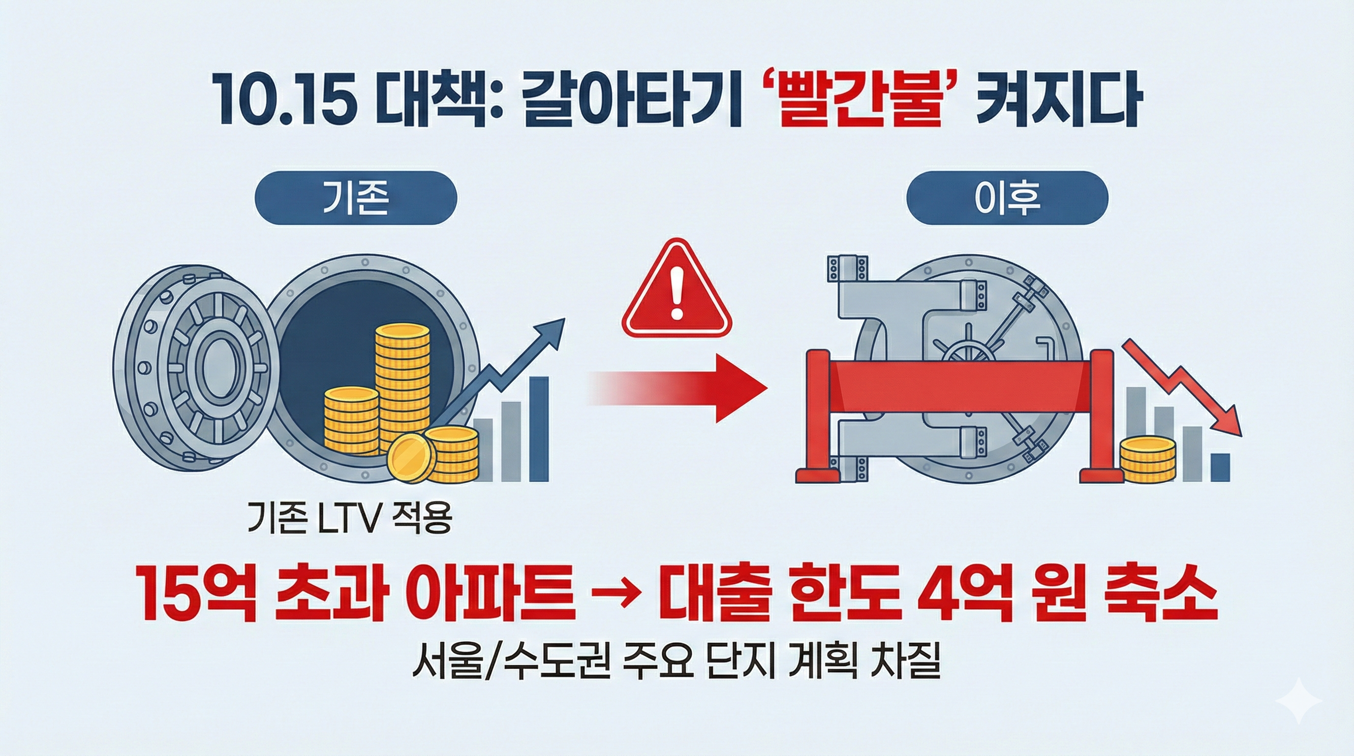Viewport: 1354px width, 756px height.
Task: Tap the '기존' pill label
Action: [x=355, y=198]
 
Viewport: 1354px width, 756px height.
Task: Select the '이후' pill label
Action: [x=1007, y=198]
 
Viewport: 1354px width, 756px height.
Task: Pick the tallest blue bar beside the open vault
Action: [x=539, y=429]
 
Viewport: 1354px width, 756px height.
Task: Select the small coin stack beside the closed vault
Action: [x=1147, y=460]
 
